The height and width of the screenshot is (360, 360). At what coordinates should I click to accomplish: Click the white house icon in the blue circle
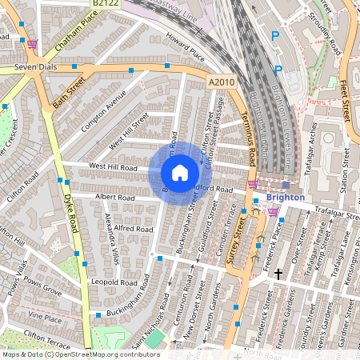pos(180,173)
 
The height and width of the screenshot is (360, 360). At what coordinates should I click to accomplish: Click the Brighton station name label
pos(286,197)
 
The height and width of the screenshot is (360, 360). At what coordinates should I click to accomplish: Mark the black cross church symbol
pos(278,274)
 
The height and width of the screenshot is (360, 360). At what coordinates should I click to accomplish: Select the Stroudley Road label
pos(326,32)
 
